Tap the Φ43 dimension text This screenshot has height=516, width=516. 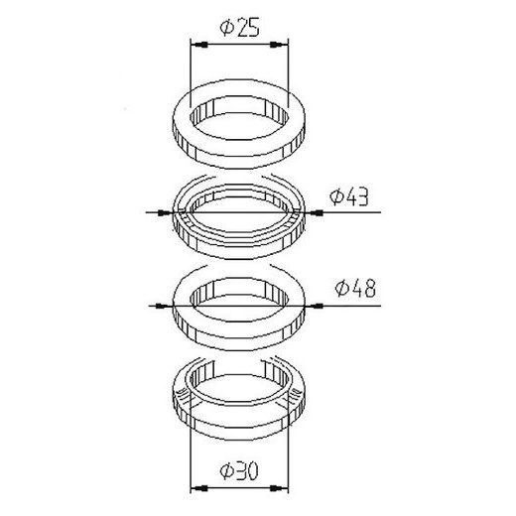pyautogui.click(x=352, y=197)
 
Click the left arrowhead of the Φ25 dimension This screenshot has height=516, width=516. pyautogui.click(x=195, y=46)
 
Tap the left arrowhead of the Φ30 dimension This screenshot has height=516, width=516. pyautogui.click(x=195, y=487)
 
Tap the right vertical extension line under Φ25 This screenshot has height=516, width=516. pyautogui.click(x=288, y=79)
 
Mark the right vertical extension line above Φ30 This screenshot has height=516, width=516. pyautogui.click(x=288, y=456)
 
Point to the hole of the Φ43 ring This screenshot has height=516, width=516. pyautogui.click(x=238, y=209)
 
